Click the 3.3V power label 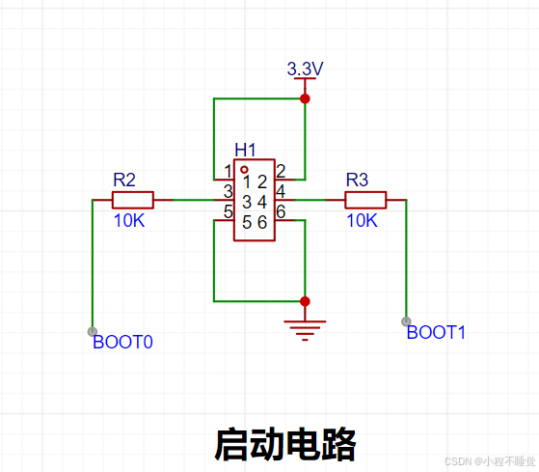(x=305, y=69)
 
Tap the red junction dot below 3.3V (x=305, y=98)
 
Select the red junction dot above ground (x=305, y=301)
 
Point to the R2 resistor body (x=133, y=200)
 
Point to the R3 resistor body (x=365, y=200)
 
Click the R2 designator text (x=124, y=180)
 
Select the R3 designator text (x=357, y=180)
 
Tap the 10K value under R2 (x=129, y=220)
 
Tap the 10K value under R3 (x=362, y=220)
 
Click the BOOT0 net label (x=122, y=342)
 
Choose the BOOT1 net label (x=436, y=332)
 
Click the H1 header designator (x=245, y=150)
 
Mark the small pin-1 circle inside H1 (x=244, y=170)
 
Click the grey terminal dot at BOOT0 (x=93, y=332)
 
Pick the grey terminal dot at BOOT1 (x=406, y=321)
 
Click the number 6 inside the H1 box (x=262, y=222)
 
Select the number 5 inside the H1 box (x=247, y=222)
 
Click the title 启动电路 (x=285, y=444)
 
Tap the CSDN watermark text (x=490, y=461)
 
